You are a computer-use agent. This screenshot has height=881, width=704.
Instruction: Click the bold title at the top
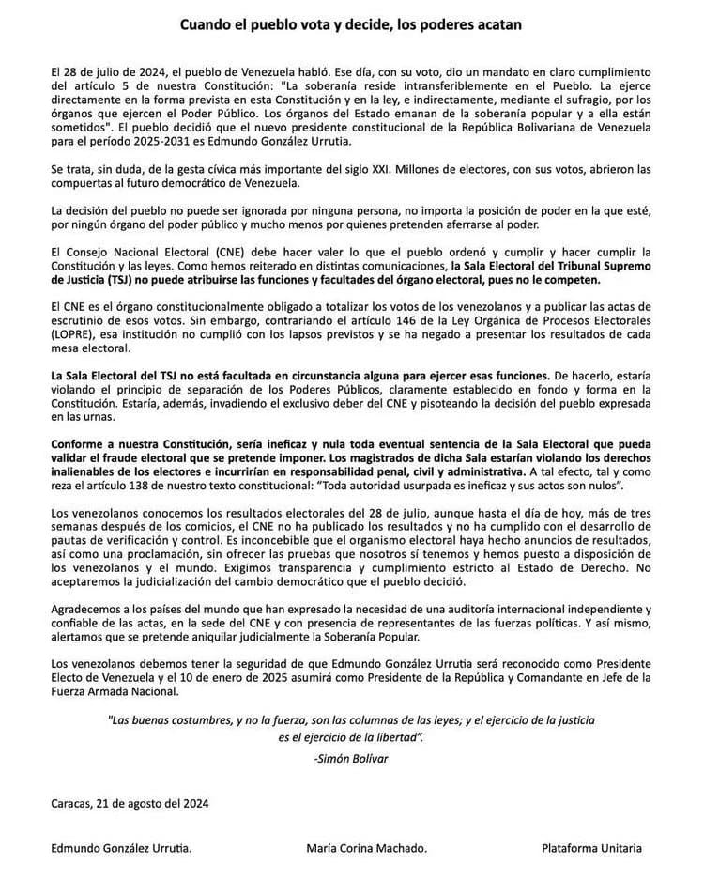[x=352, y=25]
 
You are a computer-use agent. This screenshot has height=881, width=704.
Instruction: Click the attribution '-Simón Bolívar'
[x=352, y=757]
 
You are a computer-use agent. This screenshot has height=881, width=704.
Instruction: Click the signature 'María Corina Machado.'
[x=366, y=848]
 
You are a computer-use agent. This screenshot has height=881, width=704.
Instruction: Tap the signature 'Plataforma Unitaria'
[x=591, y=848]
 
